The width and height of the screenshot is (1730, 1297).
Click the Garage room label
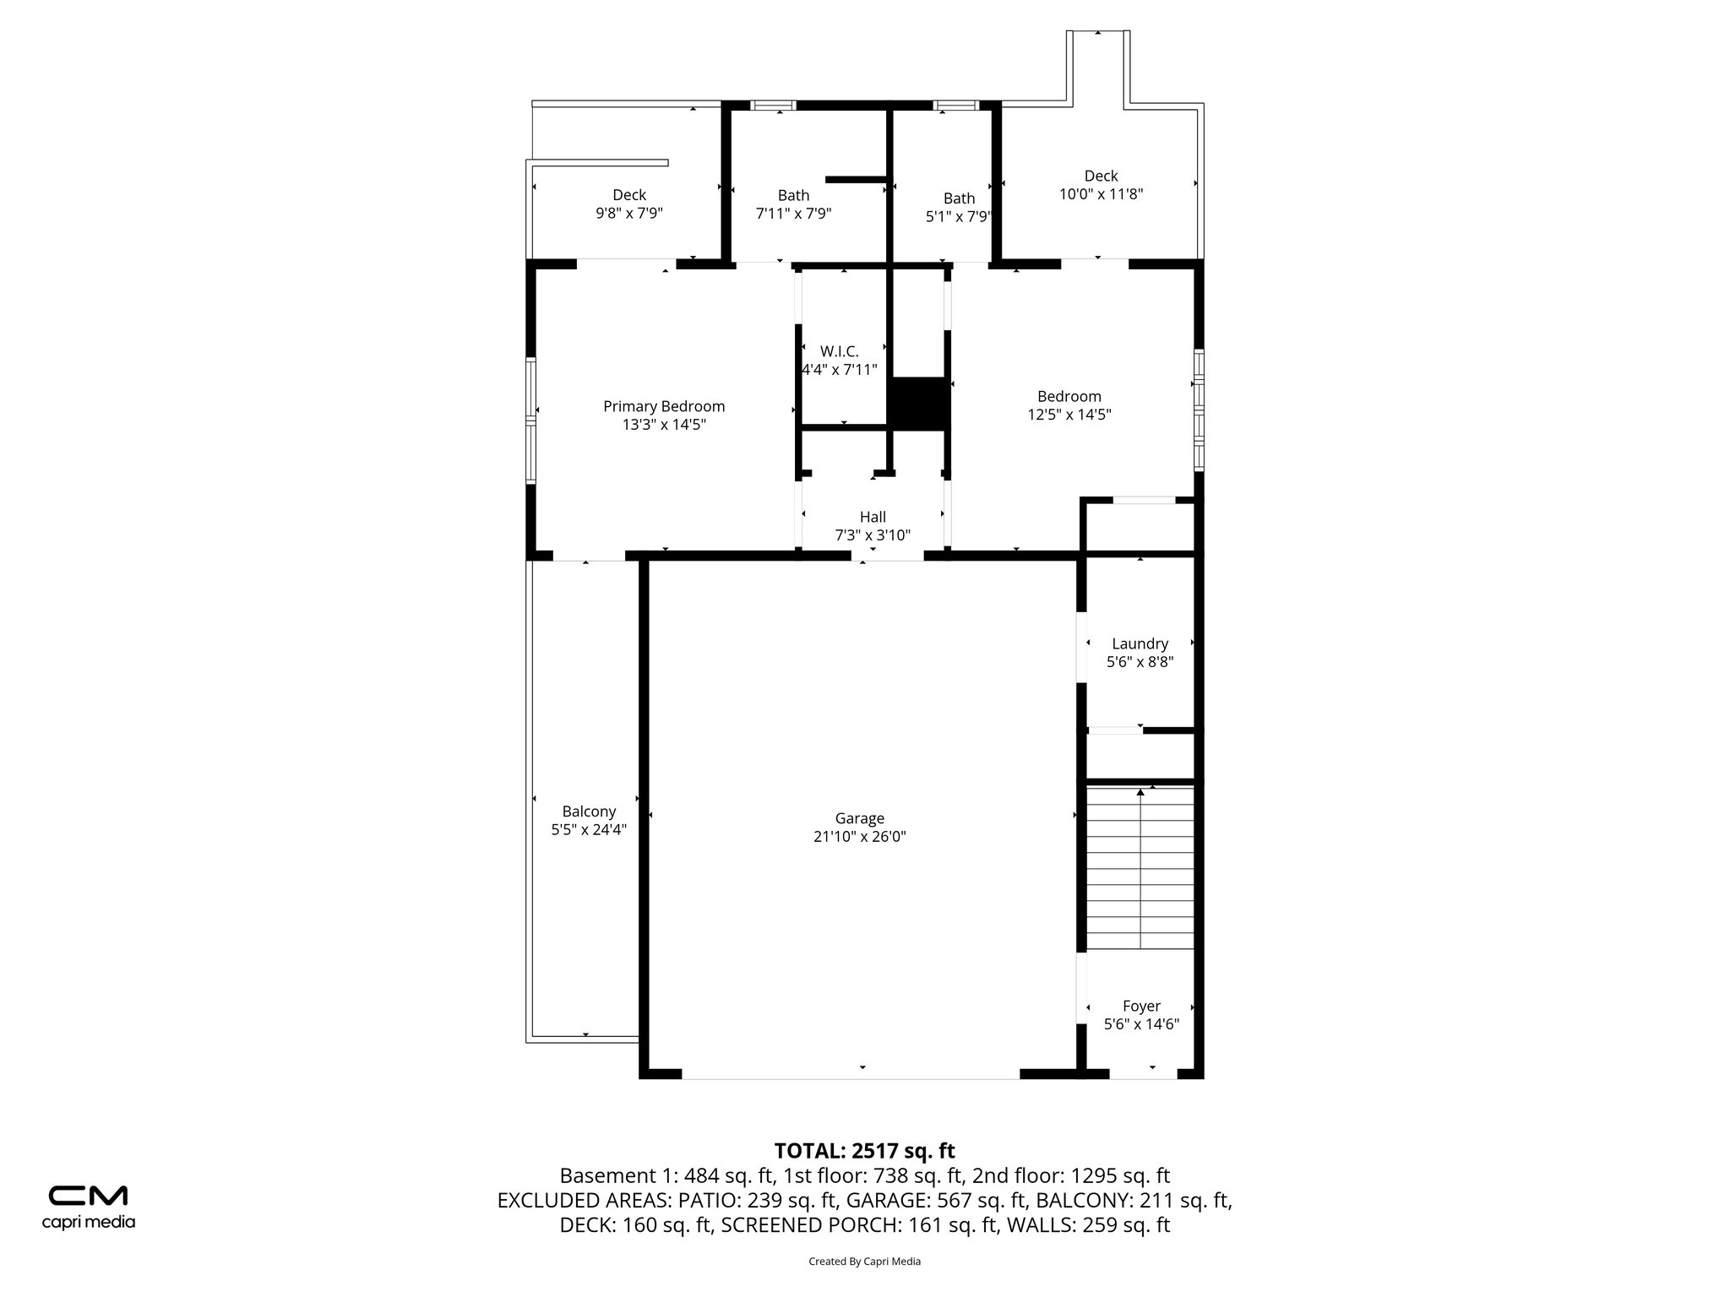pos(859,818)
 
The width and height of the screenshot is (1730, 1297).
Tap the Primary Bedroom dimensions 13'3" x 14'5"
pos(664,425)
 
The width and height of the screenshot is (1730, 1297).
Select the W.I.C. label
pos(839,351)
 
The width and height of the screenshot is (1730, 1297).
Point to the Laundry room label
pos(1140,643)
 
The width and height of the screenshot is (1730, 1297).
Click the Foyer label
pos(1141,1006)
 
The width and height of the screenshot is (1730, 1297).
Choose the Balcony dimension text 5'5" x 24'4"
pos(589,830)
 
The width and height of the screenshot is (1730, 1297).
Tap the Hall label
pos(873,517)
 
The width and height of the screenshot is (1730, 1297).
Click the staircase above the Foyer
pos(1140,870)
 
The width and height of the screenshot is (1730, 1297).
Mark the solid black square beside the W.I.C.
pos(919,403)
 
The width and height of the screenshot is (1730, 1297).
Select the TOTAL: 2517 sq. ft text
pos(864,1151)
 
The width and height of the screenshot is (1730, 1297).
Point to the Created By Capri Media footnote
pos(864,1262)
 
